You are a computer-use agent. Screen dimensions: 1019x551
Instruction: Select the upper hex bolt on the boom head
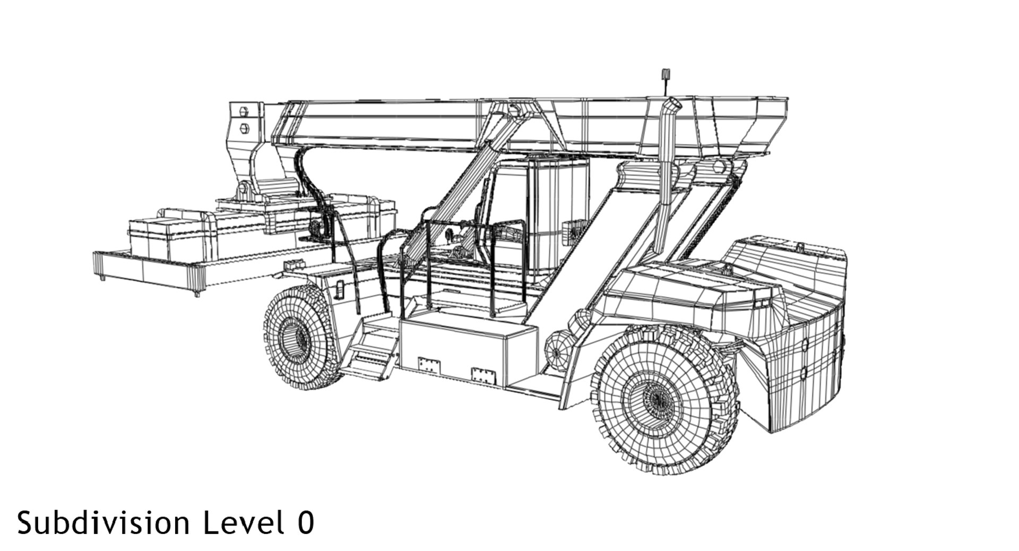click(x=244, y=111)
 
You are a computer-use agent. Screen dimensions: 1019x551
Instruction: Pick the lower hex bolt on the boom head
click(x=244, y=127)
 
